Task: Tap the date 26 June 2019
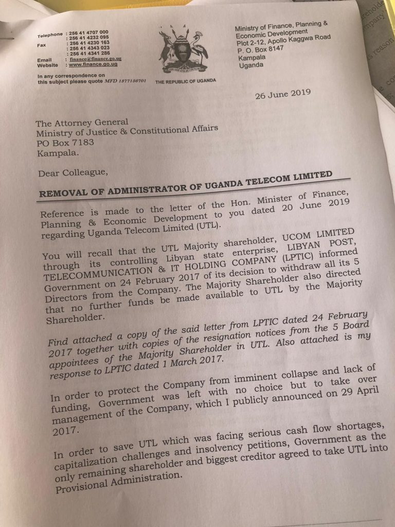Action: pos(282,94)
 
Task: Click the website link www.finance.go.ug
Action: pos(94,65)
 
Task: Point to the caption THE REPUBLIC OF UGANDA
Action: pos(186,81)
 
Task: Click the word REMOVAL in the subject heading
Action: pos(64,192)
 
